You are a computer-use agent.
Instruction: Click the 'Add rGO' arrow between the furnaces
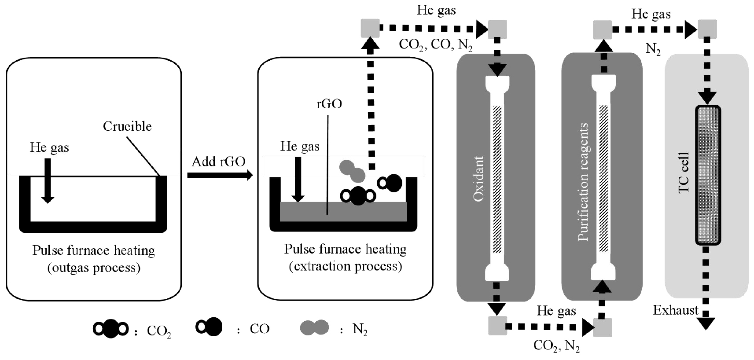pos(220,175)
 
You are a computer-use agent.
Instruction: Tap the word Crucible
pos(127,126)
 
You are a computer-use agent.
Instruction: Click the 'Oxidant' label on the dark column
pos(478,179)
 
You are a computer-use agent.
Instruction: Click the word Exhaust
pos(675,310)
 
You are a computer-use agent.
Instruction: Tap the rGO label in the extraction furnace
pos(329,104)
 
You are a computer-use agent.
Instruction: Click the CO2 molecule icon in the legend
pos(110,329)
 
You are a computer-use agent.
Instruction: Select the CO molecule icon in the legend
pos(210,327)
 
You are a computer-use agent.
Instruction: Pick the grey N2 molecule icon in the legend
pos(314,327)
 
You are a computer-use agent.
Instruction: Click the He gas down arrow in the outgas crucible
pos(48,180)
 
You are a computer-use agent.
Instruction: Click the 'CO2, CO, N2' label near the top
pos(435,45)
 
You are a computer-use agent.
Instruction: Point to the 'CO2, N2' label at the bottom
pos(556,345)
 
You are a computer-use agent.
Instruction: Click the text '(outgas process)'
pos(94,268)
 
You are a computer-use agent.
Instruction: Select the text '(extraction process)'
pos(345,266)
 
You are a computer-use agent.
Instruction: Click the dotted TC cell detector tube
pos(708,175)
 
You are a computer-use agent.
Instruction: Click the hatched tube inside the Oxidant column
pos(497,179)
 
